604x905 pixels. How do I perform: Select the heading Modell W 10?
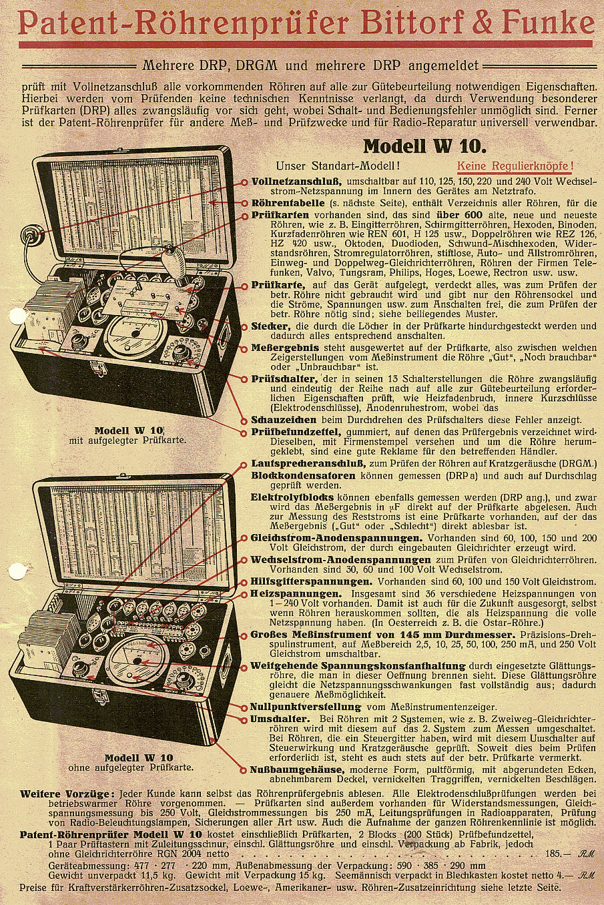424,146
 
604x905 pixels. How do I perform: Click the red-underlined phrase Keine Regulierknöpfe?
515,166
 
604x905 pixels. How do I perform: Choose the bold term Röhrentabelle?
288,203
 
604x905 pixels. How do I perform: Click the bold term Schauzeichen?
284,420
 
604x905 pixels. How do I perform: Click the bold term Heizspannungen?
296,593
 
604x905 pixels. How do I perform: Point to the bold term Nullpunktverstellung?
306,707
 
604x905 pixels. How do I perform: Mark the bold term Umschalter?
280,719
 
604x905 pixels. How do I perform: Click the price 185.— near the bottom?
557,853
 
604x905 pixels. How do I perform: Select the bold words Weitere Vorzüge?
67,794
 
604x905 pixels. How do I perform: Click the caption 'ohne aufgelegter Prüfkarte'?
131,768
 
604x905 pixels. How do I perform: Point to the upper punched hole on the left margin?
15,318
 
